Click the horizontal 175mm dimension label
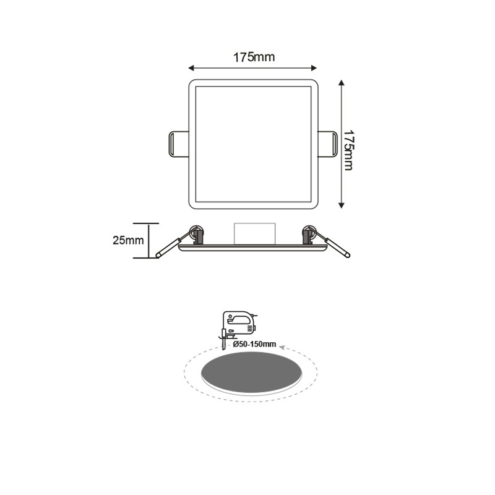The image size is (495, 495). click(254, 58)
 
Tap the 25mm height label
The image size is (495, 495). click(128, 240)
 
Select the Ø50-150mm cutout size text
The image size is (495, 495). click(254, 342)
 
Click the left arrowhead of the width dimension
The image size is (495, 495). click(191, 67)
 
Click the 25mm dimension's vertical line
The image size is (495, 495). click(148, 240)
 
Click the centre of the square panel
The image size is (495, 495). click(253, 144)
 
